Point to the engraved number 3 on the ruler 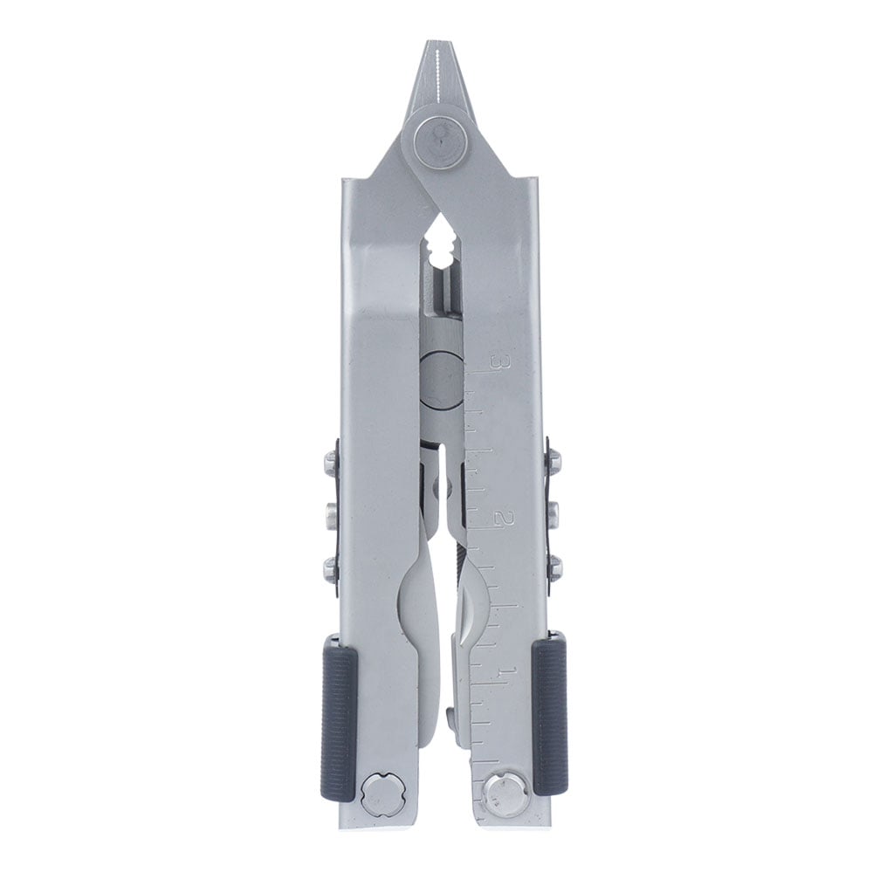click(x=497, y=361)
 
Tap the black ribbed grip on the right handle click(x=550, y=716)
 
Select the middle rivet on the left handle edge click(x=331, y=512)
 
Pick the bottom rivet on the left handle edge click(x=331, y=568)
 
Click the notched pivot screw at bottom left click(x=379, y=796)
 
